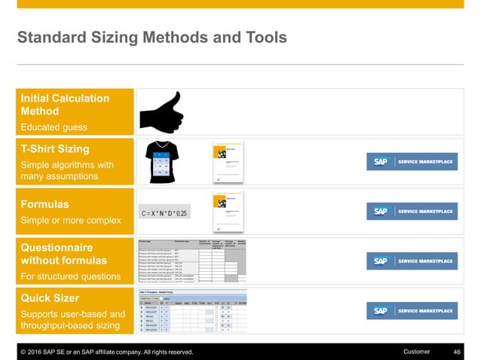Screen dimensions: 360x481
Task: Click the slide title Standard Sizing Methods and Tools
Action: click(x=152, y=37)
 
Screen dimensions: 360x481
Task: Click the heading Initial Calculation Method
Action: click(x=64, y=105)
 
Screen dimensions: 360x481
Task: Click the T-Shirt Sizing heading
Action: click(x=54, y=148)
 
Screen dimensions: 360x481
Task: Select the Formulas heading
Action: click(x=44, y=204)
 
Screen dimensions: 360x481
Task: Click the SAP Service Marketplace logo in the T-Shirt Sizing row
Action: click(x=411, y=162)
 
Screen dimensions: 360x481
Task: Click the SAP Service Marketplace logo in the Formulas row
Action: click(x=411, y=211)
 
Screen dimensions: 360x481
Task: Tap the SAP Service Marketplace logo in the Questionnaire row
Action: click(x=411, y=261)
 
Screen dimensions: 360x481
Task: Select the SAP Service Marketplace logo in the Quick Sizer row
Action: click(x=411, y=310)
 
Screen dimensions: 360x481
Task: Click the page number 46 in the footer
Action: click(x=456, y=352)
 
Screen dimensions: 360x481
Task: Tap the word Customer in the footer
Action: click(x=417, y=352)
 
